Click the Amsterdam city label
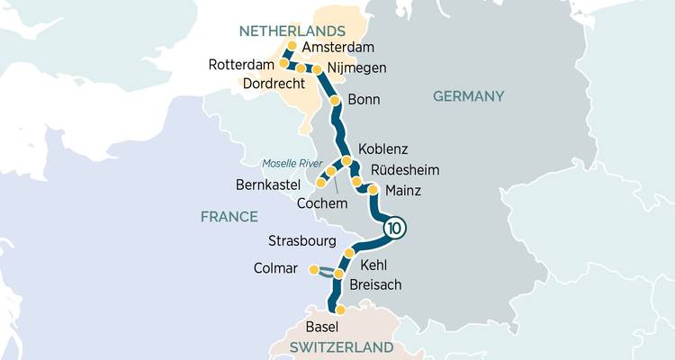(338, 48)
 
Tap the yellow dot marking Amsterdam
(291, 45)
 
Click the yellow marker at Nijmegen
(317, 68)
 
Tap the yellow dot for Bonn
(335, 100)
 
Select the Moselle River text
(291, 163)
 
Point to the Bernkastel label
(266, 185)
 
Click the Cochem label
(321, 203)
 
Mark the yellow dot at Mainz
(372, 190)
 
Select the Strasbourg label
(302, 241)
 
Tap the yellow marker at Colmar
(313, 269)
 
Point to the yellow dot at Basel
(340, 310)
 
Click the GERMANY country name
(468, 96)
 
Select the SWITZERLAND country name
(341, 346)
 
